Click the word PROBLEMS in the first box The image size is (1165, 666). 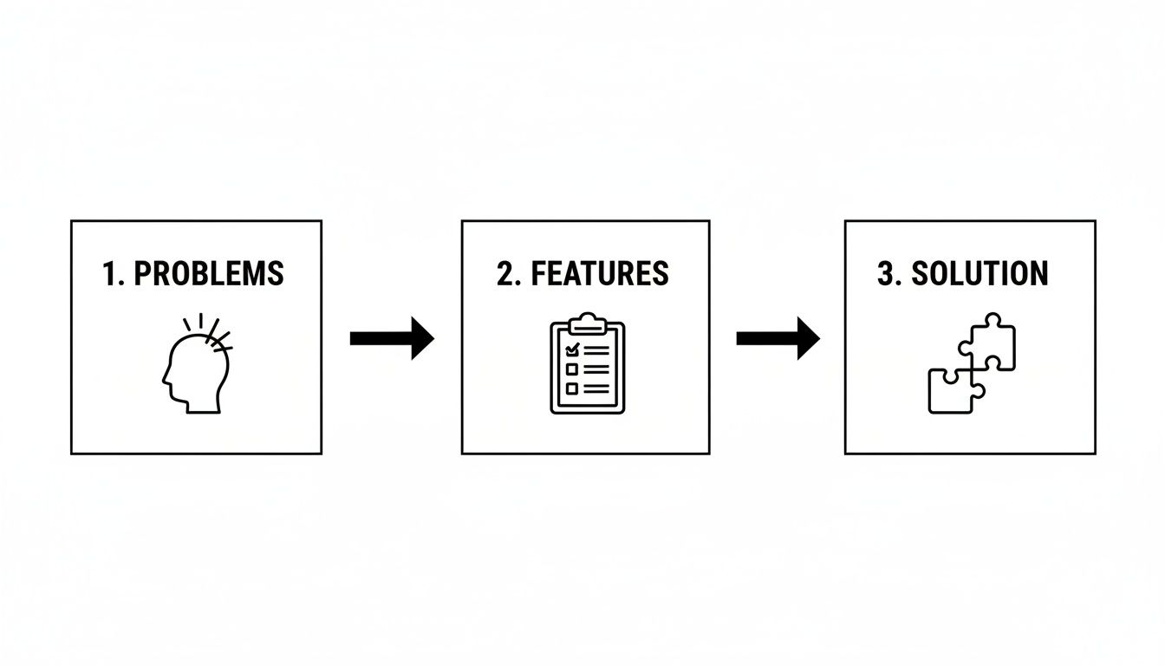[x=210, y=273]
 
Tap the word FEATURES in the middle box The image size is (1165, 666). [x=600, y=273]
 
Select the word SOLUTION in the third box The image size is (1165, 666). [x=980, y=273]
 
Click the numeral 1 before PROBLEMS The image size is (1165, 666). [x=108, y=273]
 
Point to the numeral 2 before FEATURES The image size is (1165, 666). [x=505, y=273]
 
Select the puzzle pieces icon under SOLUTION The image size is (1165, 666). [x=971, y=364]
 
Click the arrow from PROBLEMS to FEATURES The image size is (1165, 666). [x=391, y=338]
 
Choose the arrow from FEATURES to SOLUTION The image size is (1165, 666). [x=778, y=338]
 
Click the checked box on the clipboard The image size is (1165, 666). [x=572, y=349]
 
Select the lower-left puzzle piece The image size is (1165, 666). [x=950, y=391]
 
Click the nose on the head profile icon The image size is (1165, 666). [x=165, y=378]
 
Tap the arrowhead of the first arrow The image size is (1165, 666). [x=422, y=338]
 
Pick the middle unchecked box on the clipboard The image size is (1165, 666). [x=572, y=369]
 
